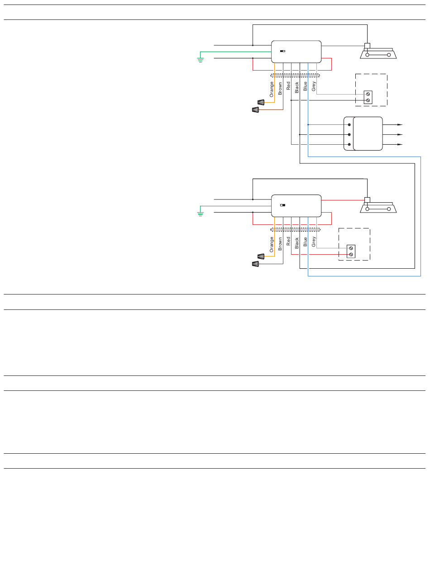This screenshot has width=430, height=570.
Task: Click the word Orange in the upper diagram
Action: pyautogui.click(x=272, y=89)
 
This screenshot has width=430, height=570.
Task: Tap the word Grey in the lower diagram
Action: pyautogui.click(x=314, y=241)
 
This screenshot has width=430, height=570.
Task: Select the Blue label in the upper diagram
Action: pyautogui.click(x=305, y=86)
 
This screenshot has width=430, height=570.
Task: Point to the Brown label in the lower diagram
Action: pyautogui.click(x=280, y=243)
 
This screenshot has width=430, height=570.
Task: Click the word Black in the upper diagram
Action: pyautogui.click(x=297, y=87)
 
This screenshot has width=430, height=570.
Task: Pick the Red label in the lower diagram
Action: pyautogui.click(x=288, y=241)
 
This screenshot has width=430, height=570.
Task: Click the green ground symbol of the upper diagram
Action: pyautogui.click(x=201, y=60)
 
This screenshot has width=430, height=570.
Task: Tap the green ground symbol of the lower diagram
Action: pyautogui.click(x=201, y=214)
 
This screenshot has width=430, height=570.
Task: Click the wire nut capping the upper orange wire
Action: pyautogui.click(x=261, y=102)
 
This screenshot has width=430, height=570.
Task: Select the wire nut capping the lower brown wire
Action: pyautogui.click(x=255, y=264)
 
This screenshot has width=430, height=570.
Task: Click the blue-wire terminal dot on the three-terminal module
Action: pyautogui.click(x=349, y=125)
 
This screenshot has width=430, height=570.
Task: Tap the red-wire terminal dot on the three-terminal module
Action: pyautogui.click(x=349, y=144)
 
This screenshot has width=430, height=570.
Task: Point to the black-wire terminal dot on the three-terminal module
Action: pyautogui.click(x=349, y=134)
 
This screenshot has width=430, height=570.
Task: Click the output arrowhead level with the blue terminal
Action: pyautogui.click(x=400, y=125)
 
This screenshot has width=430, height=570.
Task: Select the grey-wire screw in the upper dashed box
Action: pyautogui.click(x=368, y=94)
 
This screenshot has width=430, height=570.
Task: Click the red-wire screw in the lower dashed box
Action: pyautogui.click(x=351, y=255)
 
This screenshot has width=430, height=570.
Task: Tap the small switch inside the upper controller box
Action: pyautogui.click(x=283, y=51)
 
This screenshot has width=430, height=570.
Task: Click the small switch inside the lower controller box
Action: pyautogui.click(x=283, y=205)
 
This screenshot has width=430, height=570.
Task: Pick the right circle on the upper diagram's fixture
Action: pyautogui.click(x=389, y=55)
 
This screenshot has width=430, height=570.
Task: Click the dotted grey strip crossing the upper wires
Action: pyautogui.click(x=295, y=75)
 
